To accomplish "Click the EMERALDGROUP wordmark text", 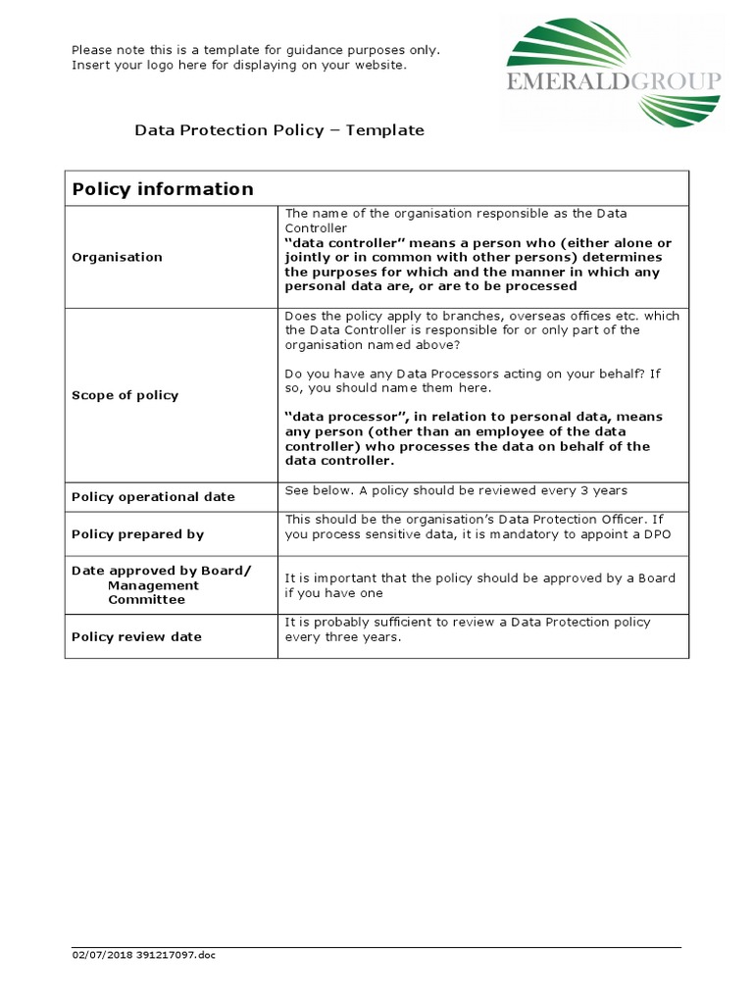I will (x=614, y=81).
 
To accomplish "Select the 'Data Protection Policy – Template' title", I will (x=279, y=129).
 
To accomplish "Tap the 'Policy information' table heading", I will (x=163, y=189).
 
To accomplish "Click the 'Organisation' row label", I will (x=117, y=257).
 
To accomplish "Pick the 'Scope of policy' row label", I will (x=125, y=395).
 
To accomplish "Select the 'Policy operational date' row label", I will (x=153, y=496).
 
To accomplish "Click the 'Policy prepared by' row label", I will (x=137, y=534).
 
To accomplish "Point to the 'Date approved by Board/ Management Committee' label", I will (x=161, y=584).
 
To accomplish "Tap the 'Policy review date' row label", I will (x=136, y=636).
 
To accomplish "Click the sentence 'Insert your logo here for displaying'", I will (x=238, y=65).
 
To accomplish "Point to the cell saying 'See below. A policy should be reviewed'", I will (x=455, y=490).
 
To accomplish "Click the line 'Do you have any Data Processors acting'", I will (x=471, y=374).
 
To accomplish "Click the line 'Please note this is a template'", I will (x=255, y=49).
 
